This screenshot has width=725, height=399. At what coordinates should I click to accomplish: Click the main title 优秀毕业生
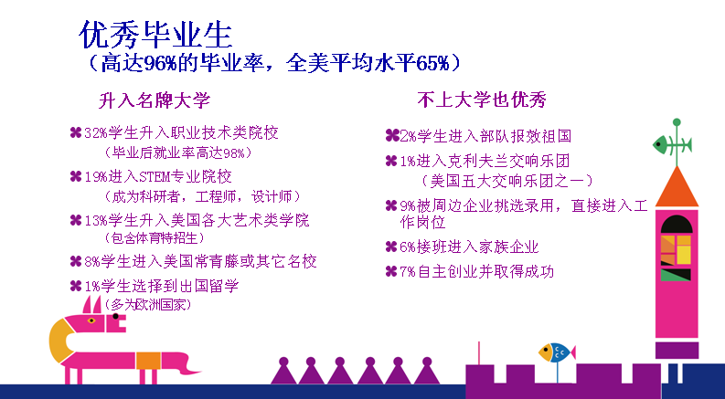point(155,35)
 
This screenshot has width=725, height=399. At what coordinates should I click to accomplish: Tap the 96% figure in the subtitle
point(160,63)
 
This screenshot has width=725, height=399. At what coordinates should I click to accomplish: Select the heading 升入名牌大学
point(154,100)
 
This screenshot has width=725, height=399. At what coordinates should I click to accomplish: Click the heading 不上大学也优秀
point(482,100)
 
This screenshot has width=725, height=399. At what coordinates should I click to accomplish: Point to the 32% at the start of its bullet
point(96,133)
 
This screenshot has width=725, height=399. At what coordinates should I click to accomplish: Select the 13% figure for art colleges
point(96,221)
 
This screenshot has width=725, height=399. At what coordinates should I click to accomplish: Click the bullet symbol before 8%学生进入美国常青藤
point(76,261)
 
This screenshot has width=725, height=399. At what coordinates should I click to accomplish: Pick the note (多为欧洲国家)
point(147,305)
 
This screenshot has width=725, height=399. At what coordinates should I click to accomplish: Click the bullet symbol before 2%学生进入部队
point(392,136)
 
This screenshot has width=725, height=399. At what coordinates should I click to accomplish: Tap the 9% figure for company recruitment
point(408,206)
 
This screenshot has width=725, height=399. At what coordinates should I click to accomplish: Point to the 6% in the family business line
point(408,247)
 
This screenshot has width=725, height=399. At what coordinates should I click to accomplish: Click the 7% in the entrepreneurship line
point(408,272)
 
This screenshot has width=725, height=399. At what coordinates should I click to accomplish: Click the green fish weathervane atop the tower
point(673,145)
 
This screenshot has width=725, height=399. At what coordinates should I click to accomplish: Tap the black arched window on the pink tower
point(677,225)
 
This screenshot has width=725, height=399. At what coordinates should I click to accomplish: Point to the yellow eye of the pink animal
point(91,320)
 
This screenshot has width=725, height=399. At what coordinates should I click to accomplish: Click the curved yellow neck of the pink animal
point(58,341)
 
